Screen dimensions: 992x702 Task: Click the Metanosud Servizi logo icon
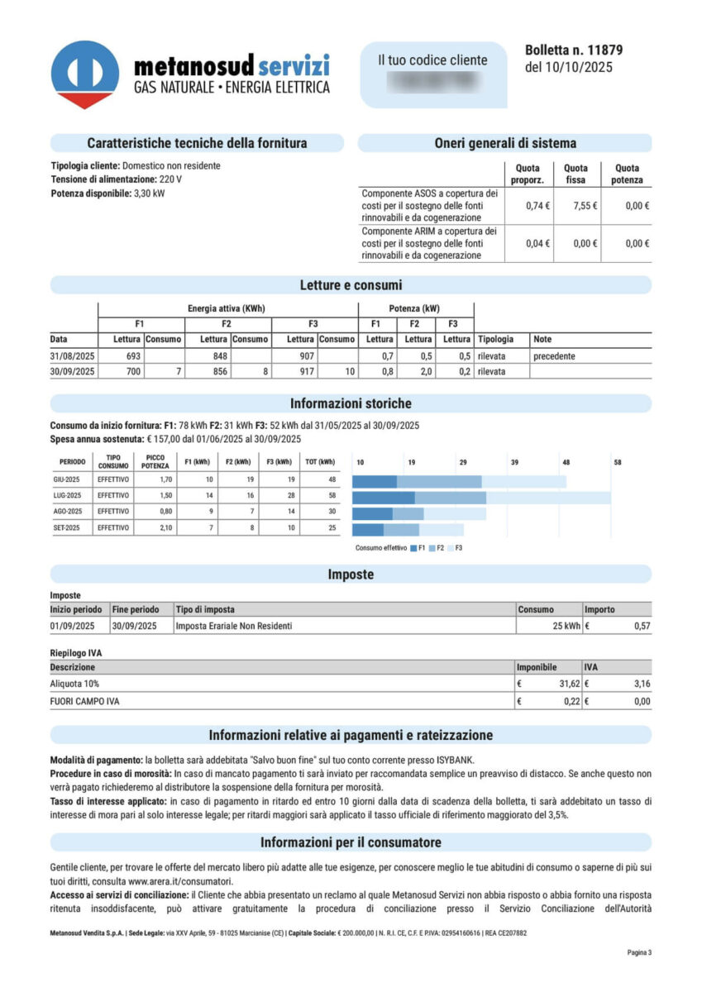point(84,74)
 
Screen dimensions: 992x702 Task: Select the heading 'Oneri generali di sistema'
point(504,143)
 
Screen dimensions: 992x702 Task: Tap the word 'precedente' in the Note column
point(554,355)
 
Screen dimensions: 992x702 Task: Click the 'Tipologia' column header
point(495,339)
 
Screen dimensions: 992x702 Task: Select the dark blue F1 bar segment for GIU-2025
point(375,480)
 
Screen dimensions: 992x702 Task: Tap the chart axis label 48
point(566,463)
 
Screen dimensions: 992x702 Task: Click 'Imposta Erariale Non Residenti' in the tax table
point(234,626)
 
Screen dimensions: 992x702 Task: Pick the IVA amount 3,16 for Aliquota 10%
point(641,684)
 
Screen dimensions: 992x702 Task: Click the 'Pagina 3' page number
point(639,952)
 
